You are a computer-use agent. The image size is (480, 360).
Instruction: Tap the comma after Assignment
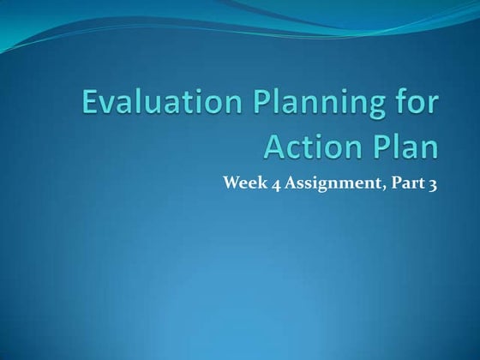(x=375, y=187)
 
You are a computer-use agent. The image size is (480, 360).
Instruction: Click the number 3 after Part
(x=432, y=183)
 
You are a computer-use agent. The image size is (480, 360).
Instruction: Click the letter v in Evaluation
(x=111, y=109)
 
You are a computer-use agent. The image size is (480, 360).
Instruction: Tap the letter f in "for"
(x=394, y=105)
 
